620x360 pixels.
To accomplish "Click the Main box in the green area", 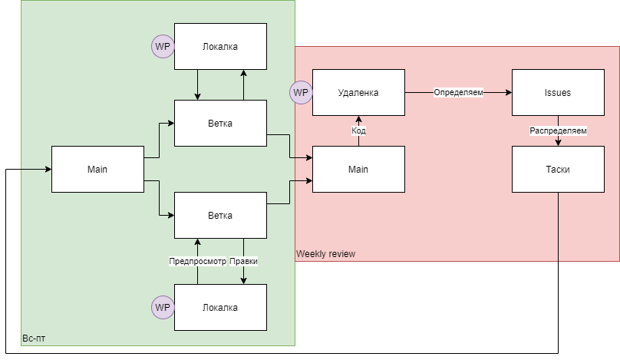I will (x=97, y=169).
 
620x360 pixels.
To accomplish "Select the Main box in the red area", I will (x=358, y=169).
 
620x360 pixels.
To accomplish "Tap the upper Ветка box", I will (x=220, y=123).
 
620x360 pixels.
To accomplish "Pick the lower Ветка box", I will (x=220, y=215).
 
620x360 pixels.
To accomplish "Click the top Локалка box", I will (x=220, y=46).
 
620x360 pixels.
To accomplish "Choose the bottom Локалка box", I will (x=220, y=307).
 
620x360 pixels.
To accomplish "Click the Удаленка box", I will (x=358, y=92).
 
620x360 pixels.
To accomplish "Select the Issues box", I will (x=558, y=92).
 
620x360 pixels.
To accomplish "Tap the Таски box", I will (x=558, y=169).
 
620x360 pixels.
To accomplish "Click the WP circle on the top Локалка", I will (x=163, y=46).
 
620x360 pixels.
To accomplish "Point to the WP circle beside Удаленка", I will (x=301, y=92).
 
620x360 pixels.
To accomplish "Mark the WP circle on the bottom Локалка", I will (x=163, y=307).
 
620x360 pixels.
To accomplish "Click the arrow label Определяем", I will (x=458, y=93).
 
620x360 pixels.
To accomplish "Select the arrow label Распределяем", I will (x=558, y=131).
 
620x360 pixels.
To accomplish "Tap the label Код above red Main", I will (x=358, y=131).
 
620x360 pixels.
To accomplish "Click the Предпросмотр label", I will (x=198, y=261).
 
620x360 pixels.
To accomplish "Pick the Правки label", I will (x=243, y=261).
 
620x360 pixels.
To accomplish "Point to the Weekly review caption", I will (x=325, y=254).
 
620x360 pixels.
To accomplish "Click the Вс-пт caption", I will (x=34, y=338).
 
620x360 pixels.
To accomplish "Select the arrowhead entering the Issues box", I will (x=508, y=92).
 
